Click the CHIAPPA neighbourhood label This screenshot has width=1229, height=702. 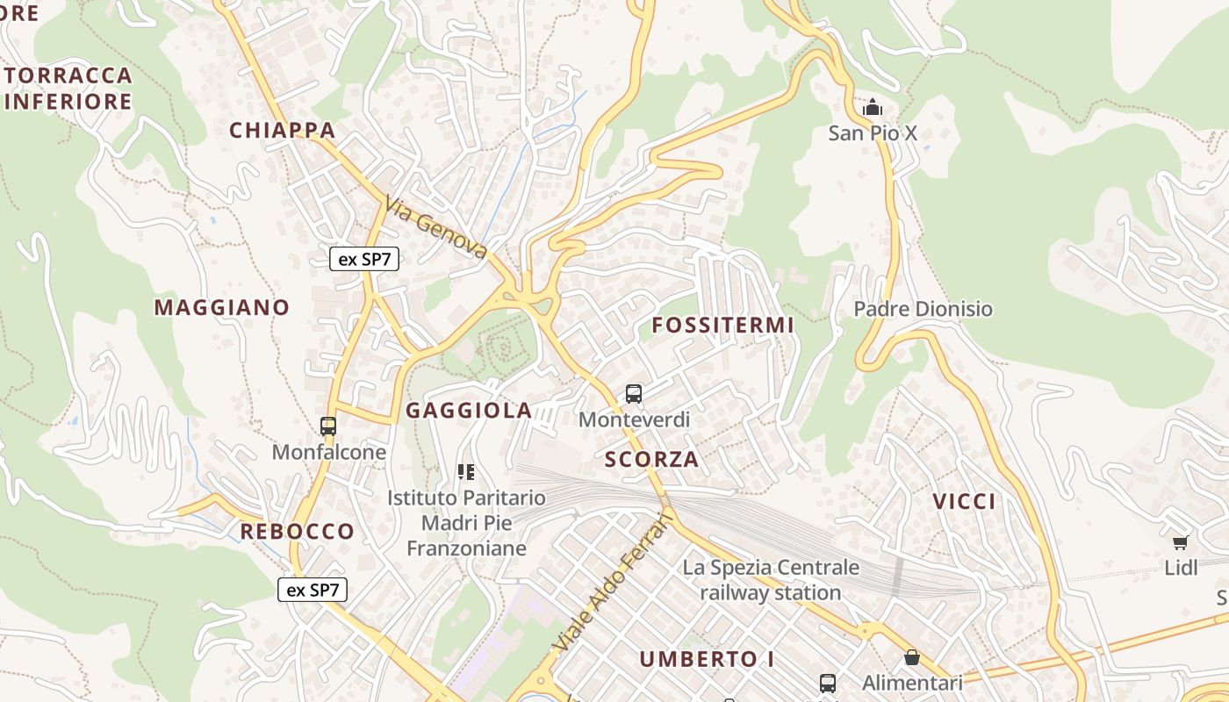283,131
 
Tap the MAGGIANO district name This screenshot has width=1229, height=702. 222,307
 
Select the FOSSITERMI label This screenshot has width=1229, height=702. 722,325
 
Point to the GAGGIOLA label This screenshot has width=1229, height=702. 469,410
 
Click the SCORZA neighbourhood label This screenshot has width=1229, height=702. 652,459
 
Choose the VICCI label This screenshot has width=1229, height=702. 964,501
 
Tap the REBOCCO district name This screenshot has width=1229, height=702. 298,531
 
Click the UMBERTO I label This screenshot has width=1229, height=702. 707,659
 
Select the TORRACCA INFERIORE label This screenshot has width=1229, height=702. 68,88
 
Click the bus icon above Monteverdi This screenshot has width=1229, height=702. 634,393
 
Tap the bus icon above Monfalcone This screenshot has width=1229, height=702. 328,426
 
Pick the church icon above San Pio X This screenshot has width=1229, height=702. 873,108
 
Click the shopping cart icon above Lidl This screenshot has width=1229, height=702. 1181,542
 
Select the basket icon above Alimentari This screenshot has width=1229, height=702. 912,657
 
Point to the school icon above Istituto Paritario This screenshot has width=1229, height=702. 466,472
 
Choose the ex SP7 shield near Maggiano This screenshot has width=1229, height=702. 364,259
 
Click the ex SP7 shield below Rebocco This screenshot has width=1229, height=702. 313,590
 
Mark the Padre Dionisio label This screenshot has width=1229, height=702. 923,309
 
